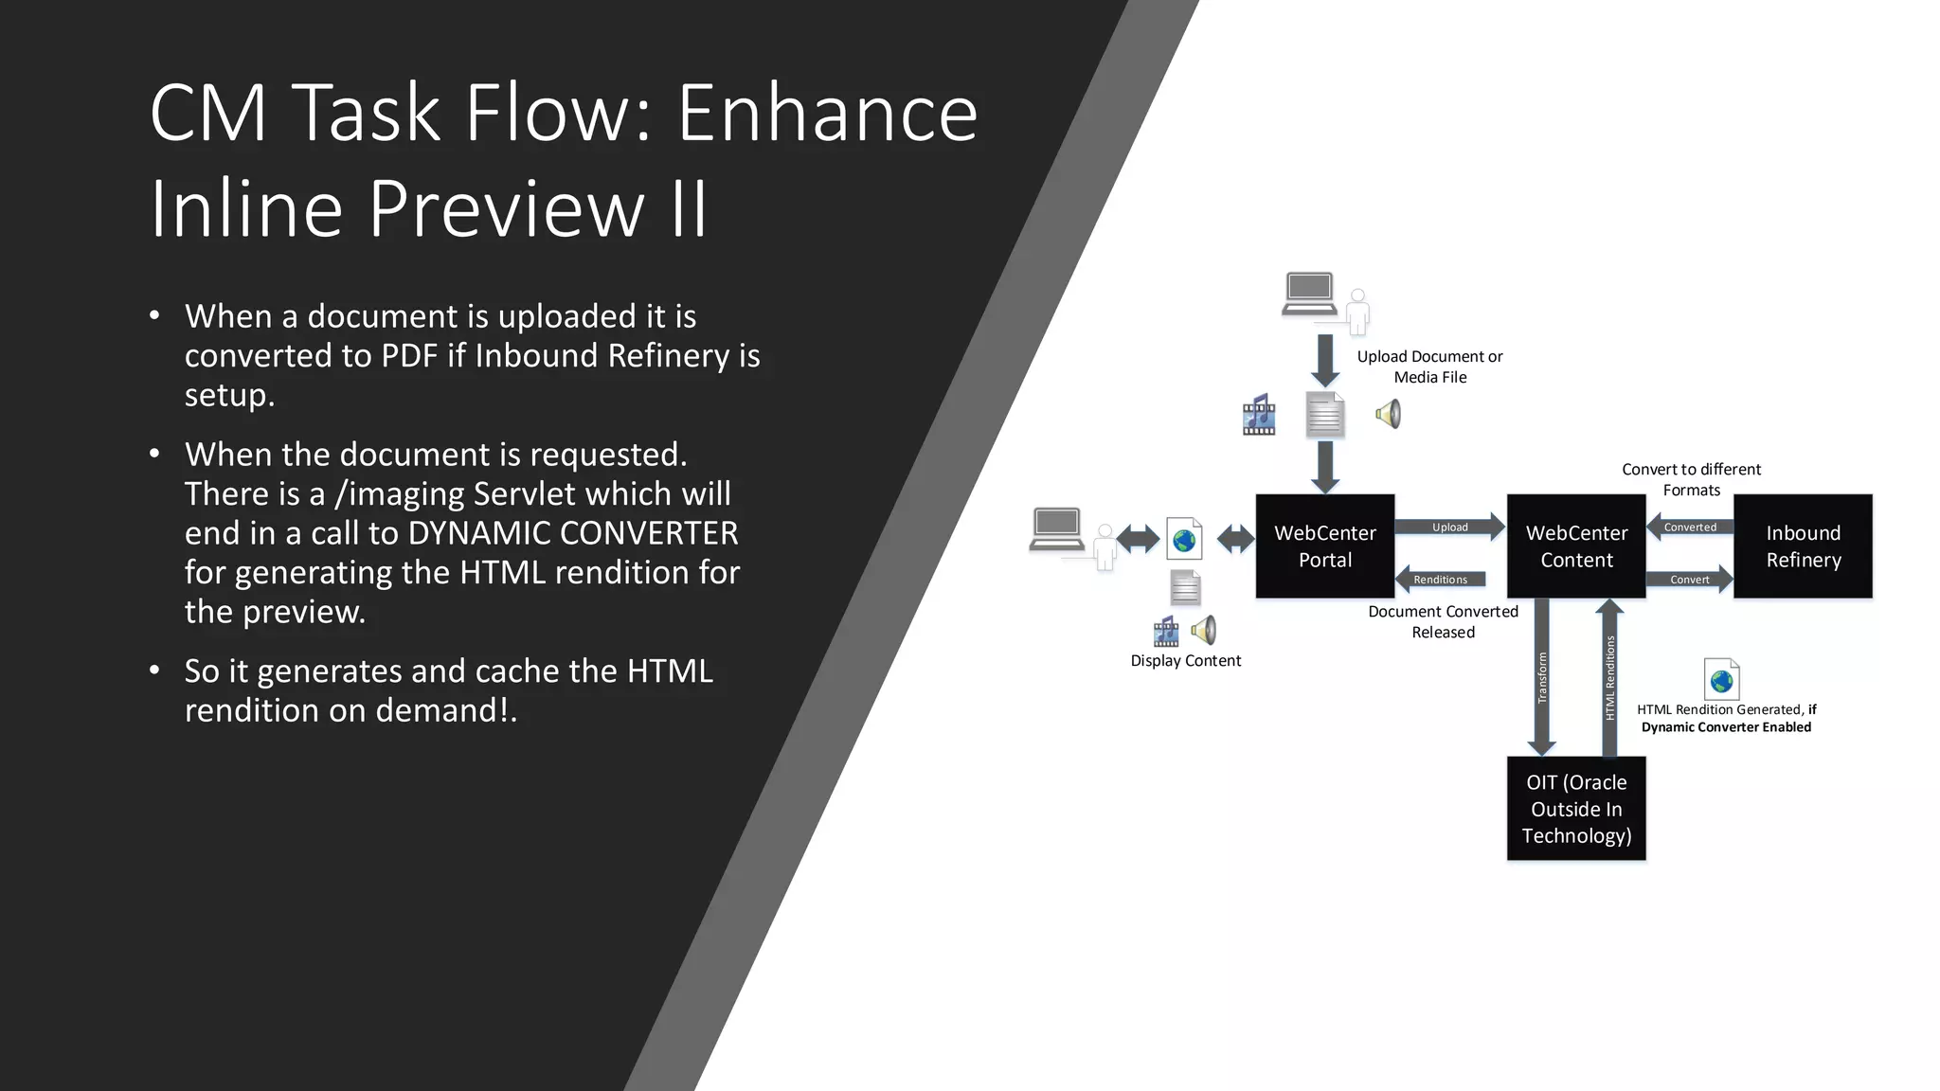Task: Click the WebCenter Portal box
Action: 1324,545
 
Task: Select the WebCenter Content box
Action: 1576,545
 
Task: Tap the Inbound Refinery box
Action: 1803,545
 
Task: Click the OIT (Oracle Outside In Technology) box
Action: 1576,808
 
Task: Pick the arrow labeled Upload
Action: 1450,527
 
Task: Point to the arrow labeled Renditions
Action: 1441,579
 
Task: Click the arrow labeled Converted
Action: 1691,527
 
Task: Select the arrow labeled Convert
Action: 1690,579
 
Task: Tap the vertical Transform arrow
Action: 1542,677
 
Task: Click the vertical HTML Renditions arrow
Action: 1609,677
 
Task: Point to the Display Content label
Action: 1185,660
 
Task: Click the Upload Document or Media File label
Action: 1429,367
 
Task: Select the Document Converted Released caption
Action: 1443,621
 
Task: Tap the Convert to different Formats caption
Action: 1691,479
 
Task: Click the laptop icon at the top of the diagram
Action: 1309,294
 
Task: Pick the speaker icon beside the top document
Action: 1389,414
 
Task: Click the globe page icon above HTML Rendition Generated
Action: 1721,678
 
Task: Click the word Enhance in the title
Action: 827,114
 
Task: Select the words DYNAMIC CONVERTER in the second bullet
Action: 572,533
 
